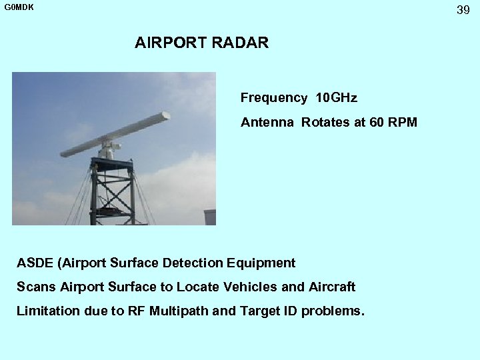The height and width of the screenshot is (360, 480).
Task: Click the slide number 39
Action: point(463,10)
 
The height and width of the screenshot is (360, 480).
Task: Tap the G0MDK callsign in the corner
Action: point(19,7)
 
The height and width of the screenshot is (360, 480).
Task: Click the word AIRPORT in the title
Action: point(171,43)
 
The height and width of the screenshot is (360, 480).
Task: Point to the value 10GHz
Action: point(336,98)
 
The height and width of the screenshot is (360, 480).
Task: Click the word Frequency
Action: point(273,98)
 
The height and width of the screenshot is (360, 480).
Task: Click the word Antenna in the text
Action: point(267,123)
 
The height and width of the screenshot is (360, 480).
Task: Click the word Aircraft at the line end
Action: point(332,287)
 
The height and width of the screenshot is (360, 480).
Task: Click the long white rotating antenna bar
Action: point(115,134)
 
